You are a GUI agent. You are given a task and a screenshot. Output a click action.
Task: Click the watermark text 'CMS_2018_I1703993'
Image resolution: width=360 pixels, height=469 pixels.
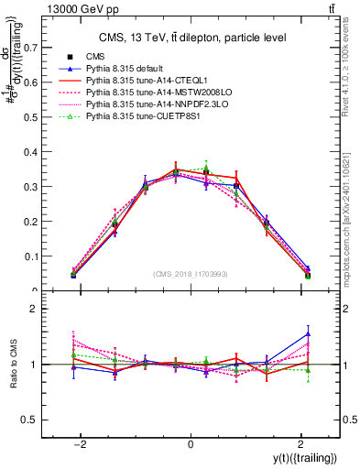click(190, 275)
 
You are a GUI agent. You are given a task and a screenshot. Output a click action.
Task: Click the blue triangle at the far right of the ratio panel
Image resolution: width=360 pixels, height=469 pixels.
click(308, 333)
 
